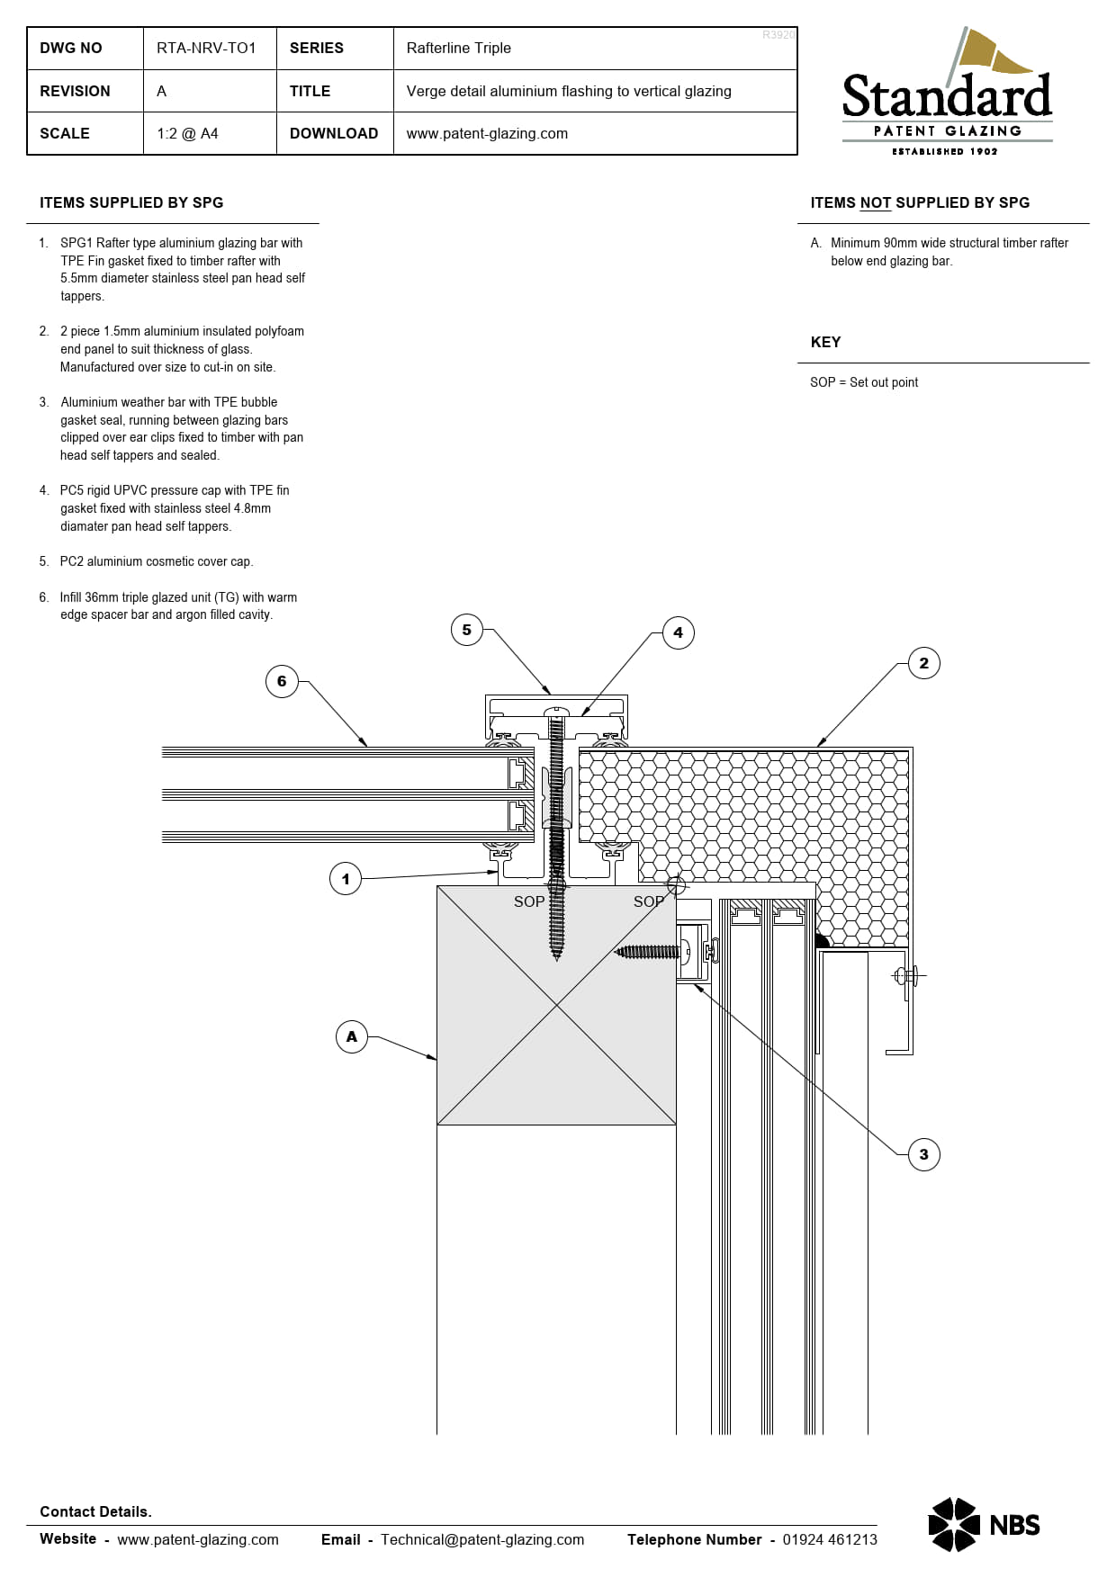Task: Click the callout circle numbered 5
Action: (466, 630)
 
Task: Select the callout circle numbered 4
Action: (678, 632)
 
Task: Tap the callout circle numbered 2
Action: (923, 663)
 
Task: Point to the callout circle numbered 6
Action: (282, 681)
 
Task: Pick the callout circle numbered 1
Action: (346, 879)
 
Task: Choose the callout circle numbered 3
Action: (923, 1154)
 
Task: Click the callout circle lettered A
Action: (352, 1036)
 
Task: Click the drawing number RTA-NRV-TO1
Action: (206, 48)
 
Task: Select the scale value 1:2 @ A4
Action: (187, 133)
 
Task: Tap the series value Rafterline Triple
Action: (458, 48)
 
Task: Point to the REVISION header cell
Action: (75, 91)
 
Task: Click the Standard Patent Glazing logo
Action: (947, 94)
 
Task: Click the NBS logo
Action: (984, 1525)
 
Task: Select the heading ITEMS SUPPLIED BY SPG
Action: (131, 202)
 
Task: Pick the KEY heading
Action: (825, 342)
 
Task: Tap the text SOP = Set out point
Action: (864, 382)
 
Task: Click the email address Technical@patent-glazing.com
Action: (482, 1539)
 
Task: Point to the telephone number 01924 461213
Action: (830, 1539)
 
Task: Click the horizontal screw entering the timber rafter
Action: (648, 951)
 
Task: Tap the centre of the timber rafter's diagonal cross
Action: (556, 1005)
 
